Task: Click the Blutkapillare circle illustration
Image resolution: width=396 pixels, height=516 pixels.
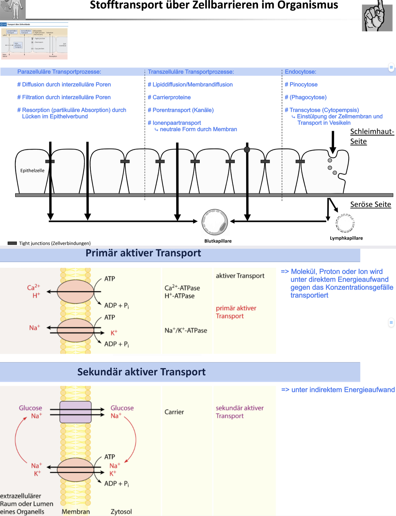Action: click(215, 222)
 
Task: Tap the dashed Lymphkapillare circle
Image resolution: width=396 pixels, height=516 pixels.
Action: click(345, 223)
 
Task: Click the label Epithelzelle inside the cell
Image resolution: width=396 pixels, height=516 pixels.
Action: click(32, 171)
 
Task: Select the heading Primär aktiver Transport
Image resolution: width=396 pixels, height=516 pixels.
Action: click(143, 253)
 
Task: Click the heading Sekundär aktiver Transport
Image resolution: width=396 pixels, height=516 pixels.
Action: click(141, 372)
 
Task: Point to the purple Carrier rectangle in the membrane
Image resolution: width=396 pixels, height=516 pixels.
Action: click(75, 412)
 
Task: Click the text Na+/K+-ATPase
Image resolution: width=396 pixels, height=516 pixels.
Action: click(186, 330)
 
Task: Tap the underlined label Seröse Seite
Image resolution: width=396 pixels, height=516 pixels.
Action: click(370, 204)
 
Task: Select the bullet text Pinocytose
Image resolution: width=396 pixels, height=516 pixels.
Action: click(303, 85)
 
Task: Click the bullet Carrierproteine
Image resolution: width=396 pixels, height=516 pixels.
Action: click(171, 97)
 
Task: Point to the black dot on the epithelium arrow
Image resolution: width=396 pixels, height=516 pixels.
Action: click(247, 150)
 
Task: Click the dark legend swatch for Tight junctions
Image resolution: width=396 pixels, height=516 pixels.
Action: click(12, 243)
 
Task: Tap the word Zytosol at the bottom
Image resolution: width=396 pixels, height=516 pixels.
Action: click(121, 512)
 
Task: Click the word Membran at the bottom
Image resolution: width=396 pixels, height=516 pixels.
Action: click(76, 512)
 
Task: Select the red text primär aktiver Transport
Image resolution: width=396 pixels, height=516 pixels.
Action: click(236, 312)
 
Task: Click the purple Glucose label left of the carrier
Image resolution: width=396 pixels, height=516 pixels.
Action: click(30, 408)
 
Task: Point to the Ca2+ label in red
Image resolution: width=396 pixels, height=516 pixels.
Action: click(33, 287)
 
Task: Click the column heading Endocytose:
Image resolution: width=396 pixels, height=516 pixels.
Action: click(300, 72)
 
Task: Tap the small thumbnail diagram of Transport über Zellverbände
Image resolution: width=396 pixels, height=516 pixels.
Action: click(34, 42)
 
